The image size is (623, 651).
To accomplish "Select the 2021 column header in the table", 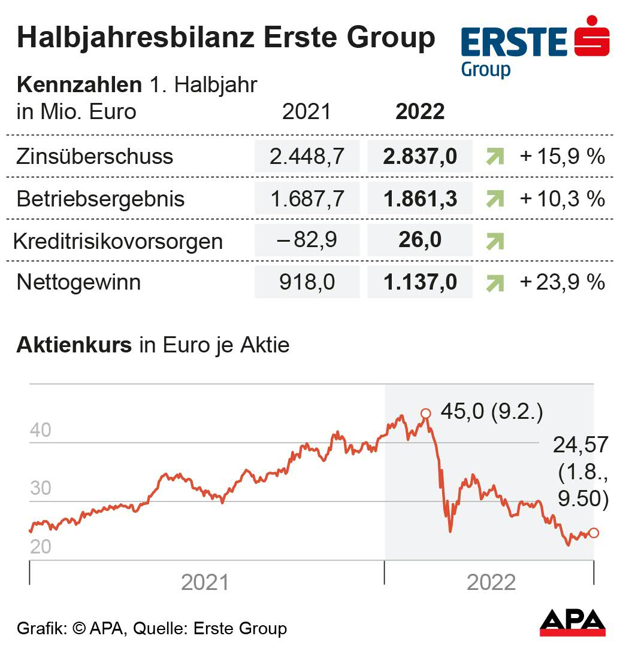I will point(306,112).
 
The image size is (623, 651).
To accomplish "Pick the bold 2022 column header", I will point(420,112).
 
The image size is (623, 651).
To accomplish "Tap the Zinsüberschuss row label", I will point(95,157).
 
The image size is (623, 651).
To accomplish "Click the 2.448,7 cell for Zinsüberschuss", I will point(307,157).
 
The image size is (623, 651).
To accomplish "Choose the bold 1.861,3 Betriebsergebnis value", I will point(420,199).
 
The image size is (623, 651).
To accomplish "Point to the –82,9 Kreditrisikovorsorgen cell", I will point(307,241).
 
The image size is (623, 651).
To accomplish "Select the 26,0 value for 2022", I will point(420,241).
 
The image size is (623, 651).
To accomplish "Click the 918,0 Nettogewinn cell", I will point(307,282).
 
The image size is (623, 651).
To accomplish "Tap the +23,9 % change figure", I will point(562,282).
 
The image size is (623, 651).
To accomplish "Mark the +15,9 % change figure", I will point(562,157).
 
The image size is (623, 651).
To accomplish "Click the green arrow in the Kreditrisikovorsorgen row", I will point(495,241).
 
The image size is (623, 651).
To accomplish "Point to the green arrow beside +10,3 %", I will point(495,199).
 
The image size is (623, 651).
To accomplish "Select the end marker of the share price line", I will point(594,533).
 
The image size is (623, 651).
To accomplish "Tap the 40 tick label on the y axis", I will point(41,430).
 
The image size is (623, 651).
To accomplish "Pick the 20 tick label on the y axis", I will point(41,547).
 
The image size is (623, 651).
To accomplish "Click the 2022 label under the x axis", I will point(491,582).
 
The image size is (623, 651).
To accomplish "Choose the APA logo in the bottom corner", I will point(573,622).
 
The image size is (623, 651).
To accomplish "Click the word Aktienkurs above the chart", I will point(74,345).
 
